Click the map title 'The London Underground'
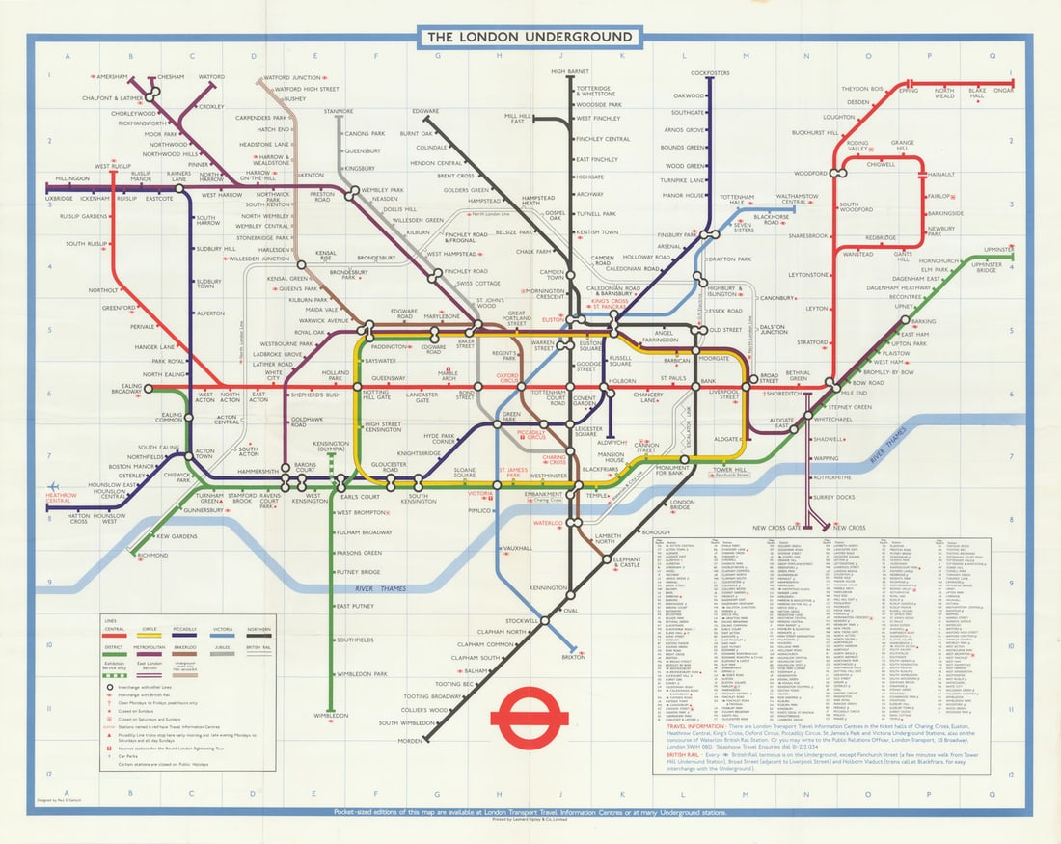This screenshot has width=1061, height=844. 530,38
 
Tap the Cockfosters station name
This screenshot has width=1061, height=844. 710,72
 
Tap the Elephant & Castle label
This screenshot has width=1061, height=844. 627,563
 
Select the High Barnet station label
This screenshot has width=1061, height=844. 571,71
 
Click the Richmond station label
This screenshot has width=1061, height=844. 152,556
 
